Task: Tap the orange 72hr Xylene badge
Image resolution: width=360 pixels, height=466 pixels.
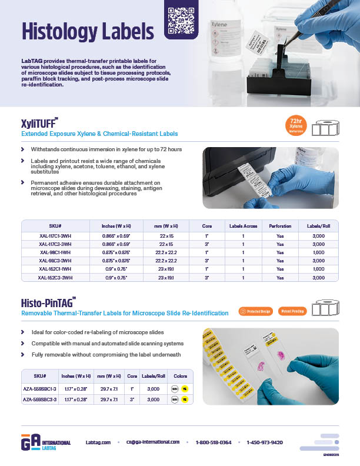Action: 296,126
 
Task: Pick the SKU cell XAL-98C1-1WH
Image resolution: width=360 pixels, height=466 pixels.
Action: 55,252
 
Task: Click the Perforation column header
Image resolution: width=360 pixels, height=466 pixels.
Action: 280,226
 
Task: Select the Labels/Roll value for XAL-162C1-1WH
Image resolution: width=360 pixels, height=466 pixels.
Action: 318,269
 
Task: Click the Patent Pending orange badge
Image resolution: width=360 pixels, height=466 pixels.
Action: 292,311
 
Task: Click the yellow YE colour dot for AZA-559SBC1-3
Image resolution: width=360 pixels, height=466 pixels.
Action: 185,389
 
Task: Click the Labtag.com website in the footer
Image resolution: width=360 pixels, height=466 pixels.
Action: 98,442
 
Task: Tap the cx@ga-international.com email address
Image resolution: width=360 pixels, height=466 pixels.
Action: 152,442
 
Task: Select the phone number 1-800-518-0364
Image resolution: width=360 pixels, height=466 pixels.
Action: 214,442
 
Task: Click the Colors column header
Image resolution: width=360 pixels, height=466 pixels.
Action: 179,375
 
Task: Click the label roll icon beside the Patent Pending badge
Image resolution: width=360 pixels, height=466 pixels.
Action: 326,308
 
